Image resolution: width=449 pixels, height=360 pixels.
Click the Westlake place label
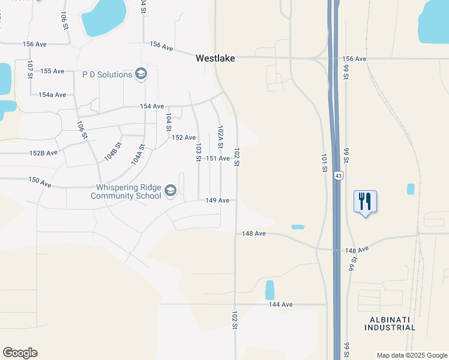click(x=215, y=59)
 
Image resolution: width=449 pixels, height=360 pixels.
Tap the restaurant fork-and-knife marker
click(x=365, y=202)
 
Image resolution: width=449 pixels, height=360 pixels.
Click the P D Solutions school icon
click(x=141, y=74)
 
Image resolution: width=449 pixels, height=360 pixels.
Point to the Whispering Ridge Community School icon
click(x=170, y=191)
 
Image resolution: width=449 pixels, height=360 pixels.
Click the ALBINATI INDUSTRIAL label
click(x=390, y=323)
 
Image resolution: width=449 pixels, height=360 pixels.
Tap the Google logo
click(x=20, y=353)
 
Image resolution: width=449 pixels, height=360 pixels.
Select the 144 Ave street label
click(x=280, y=305)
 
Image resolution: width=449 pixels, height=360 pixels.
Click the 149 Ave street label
click(x=218, y=200)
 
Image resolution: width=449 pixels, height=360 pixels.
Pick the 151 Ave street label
click(x=218, y=158)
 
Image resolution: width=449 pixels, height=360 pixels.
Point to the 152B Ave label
click(x=43, y=153)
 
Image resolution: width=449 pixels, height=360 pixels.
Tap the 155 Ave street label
click(x=52, y=71)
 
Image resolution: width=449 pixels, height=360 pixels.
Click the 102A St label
click(x=220, y=137)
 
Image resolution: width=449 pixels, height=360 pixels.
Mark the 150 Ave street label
click(x=40, y=182)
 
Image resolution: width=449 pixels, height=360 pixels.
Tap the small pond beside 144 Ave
click(x=270, y=290)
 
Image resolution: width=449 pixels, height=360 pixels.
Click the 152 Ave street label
click(x=184, y=137)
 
